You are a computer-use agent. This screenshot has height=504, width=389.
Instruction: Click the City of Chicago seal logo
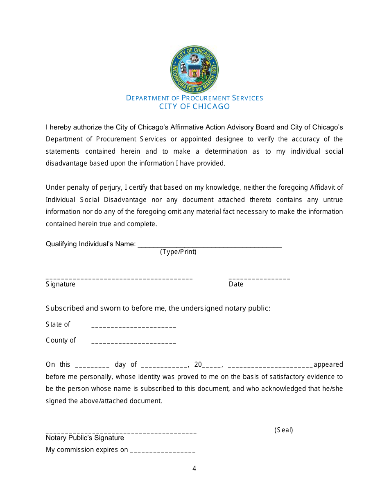(x=194, y=70)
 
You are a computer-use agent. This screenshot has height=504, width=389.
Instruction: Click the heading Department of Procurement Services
(x=194, y=98)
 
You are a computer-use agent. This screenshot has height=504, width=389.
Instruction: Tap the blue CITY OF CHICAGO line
(x=194, y=107)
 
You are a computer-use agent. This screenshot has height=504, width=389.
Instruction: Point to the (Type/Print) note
(x=178, y=252)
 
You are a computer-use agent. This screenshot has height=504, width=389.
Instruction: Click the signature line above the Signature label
(x=119, y=278)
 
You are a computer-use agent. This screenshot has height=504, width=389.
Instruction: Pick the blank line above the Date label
(x=259, y=278)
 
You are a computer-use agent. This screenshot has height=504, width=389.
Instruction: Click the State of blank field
(x=134, y=326)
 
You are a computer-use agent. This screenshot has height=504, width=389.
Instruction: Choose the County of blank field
(x=134, y=342)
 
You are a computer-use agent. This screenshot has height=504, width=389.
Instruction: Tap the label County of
(x=61, y=340)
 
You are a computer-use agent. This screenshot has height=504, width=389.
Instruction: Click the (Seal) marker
(x=284, y=430)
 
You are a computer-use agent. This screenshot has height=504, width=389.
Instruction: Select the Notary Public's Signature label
(x=85, y=438)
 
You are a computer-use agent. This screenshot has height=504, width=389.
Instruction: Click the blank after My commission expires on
(x=163, y=452)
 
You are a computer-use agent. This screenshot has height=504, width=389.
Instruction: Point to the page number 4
(x=194, y=468)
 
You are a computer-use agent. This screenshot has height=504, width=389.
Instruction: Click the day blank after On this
(x=93, y=366)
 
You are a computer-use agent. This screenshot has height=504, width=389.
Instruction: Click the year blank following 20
(x=212, y=366)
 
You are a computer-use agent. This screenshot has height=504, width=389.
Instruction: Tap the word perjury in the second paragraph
(x=110, y=187)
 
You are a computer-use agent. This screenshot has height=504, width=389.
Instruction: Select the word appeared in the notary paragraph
(x=328, y=364)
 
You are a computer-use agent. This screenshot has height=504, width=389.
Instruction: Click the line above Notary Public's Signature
(x=121, y=432)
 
